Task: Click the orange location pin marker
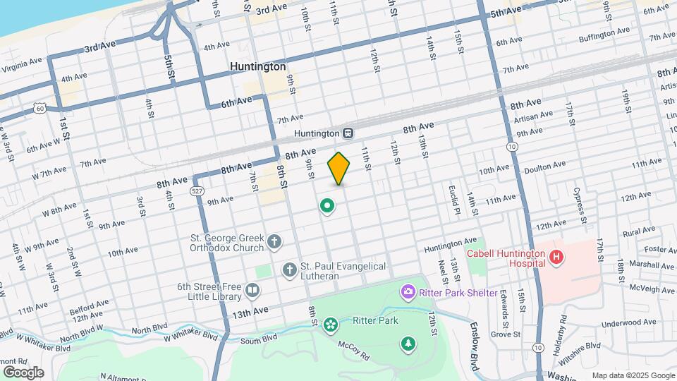pos(339,169)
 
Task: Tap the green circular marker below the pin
pos(327,206)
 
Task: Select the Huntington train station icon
pos(348,133)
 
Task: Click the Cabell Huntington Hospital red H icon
pos(557,257)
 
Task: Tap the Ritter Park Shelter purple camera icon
pos(408,291)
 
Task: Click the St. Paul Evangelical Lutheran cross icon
pos(289,270)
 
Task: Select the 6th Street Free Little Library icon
pos(252,290)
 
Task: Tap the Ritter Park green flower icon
pos(329,325)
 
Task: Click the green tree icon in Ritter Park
pos(408,344)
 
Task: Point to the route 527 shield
pos(197,191)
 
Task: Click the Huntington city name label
pos(258,66)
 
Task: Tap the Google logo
pos(23,373)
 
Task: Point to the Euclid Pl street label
pos(454,200)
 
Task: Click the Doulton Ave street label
pos(544,165)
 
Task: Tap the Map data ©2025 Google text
pos(633,375)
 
